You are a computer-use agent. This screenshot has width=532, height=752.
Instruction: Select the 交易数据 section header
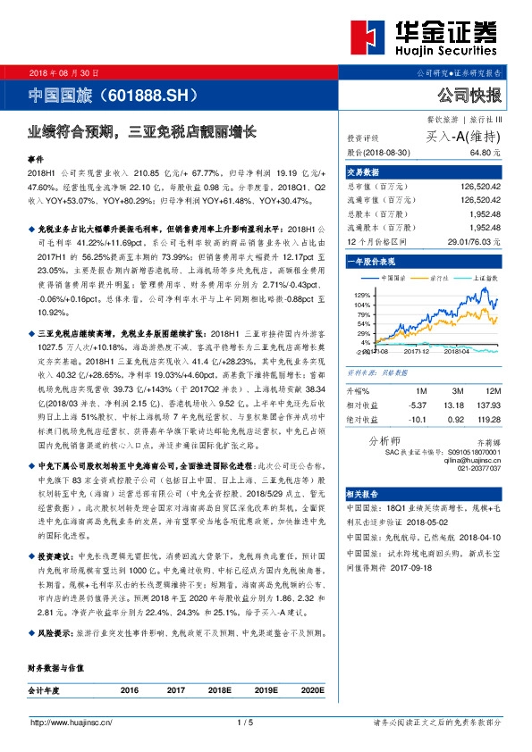tap(363, 171)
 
